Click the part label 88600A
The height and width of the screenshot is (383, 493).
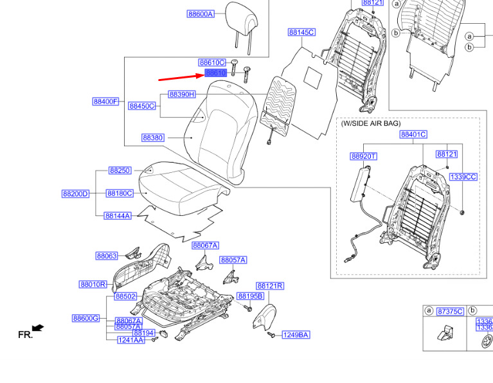pyautogui.click(x=201, y=13)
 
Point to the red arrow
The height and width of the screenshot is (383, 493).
pyautogui.click(x=180, y=77)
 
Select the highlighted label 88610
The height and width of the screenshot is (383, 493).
pyautogui.click(x=215, y=73)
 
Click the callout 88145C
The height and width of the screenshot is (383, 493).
pyautogui.click(x=301, y=32)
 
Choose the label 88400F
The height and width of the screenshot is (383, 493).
pyautogui.click(x=105, y=102)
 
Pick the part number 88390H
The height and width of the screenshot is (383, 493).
pyautogui.click(x=182, y=94)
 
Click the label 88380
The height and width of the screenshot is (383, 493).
pyautogui.click(x=153, y=138)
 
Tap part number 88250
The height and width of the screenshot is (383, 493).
pyautogui.click(x=120, y=170)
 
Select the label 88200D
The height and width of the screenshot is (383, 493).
pyautogui.click(x=75, y=193)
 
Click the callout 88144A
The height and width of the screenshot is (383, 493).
pyautogui.click(x=117, y=216)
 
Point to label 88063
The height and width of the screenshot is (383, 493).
pyautogui.click(x=107, y=256)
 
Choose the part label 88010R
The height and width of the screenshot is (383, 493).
pyautogui.click(x=93, y=284)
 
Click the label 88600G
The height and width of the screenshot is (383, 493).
pyautogui.click(x=85, y=318)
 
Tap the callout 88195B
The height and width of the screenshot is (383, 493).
pyautogui.click(x=250, y=296)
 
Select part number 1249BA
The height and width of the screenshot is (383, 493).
pyautogui.click(x=296, y=335)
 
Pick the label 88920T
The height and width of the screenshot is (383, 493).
pyautogui.click(x=364, y=156)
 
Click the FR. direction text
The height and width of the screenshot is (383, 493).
pyautogui.click(x=25, y=334)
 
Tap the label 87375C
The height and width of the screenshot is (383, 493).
pyautogui.click(x=449, y=311)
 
